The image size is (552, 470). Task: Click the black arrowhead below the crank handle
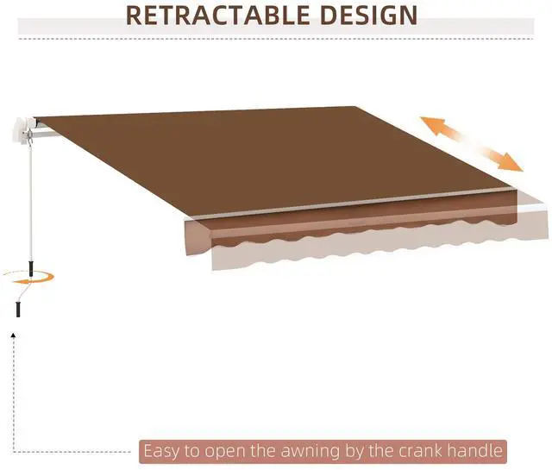16,332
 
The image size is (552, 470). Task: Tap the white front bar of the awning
362,204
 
